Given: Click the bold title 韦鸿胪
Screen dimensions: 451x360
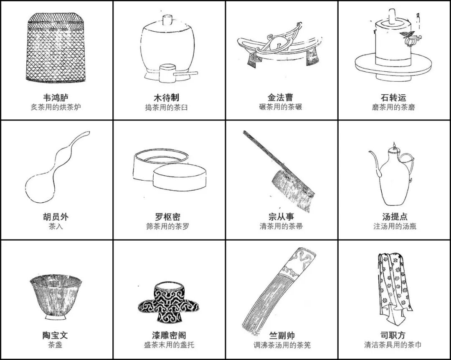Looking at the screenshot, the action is [56, 97].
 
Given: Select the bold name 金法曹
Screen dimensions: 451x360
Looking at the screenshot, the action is [281, 97].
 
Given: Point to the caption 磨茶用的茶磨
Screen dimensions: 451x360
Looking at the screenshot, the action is [393, 107].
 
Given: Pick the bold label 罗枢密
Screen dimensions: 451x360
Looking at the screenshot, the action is [168, 217].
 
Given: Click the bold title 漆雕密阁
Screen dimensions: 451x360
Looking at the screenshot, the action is [169, 335].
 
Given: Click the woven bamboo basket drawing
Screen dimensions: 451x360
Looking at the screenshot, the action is [55, 48].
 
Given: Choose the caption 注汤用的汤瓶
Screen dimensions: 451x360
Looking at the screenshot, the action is [395, 227].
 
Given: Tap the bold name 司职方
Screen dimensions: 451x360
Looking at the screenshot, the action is [393, 335].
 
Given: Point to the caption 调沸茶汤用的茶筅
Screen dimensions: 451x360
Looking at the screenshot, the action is [282, 345].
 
